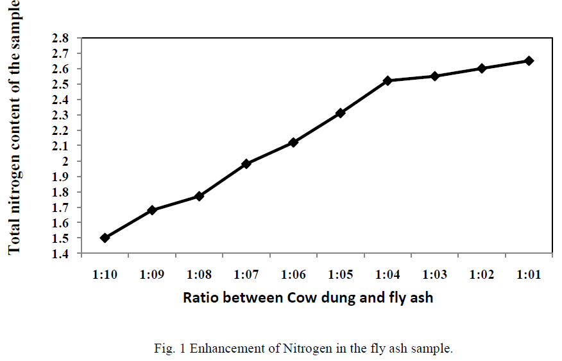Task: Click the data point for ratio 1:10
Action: click(105, 238)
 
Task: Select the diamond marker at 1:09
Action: click(152, 210)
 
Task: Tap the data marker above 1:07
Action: click(246, 164)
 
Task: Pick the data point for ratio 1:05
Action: click(341, 113)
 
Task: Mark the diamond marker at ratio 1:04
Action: click(387, 81)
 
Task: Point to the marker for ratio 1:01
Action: click(529, 60)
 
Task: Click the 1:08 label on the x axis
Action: click(199, 274)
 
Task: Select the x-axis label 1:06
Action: click(293, 274)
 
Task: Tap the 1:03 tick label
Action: click(435, 274)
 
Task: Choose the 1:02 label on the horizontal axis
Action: click(482, 274)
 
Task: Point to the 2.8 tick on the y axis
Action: click(61, 39)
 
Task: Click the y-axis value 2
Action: click(65, 161)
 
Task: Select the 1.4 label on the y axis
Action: click(61, 254)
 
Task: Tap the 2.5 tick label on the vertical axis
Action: click(61, 84)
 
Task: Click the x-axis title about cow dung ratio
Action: click(308, 298)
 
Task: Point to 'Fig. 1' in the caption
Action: click(167, 349)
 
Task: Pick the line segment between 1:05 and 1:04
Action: click(364, 97)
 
